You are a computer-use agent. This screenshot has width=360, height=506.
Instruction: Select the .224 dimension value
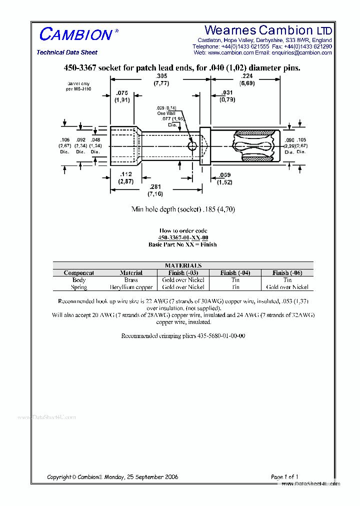coord(247,76)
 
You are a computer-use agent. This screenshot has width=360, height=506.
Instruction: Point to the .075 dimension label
coord(122,93)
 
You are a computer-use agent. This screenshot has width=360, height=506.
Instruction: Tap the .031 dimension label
coord(227,93)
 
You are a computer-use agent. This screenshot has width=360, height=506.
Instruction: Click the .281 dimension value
coord(152,187)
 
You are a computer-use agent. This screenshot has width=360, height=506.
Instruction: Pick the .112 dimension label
coord(125,174)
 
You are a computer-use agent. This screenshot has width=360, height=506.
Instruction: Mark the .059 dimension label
coord(224,175)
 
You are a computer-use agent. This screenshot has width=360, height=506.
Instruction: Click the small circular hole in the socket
coord(192,145)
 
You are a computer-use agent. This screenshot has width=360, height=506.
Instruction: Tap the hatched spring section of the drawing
coord(254,145)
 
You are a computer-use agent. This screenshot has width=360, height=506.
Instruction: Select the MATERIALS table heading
coord(183,265)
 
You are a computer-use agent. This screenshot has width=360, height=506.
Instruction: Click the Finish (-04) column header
coord(235,273)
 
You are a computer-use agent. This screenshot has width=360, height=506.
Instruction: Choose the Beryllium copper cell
coord(131,287)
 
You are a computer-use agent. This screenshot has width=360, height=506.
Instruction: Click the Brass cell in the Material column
coord(131,280)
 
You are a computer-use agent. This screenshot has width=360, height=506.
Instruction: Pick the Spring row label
coord(79,287)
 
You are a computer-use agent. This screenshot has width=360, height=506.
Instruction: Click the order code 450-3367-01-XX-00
coord(183,237)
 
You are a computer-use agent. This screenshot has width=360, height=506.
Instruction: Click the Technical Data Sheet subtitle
coord(67,52)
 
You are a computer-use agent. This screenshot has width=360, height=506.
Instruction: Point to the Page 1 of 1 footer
coord(284,477)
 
